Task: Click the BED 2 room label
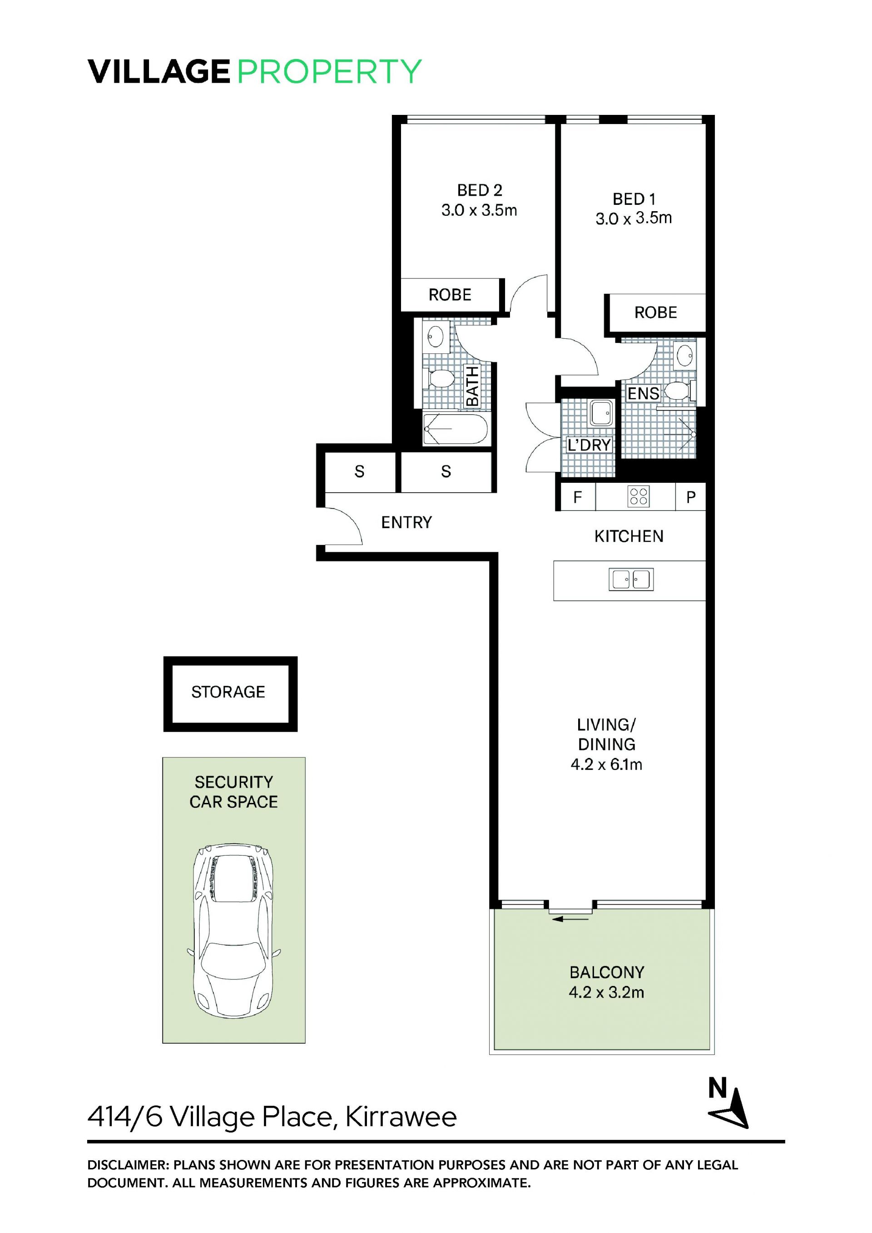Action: (x=480, y=190)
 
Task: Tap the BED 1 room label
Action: (x=634, y=199)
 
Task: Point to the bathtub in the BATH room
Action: (x=456, y=429)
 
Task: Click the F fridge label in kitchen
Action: (x=577, y=497)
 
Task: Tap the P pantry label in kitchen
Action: (x=691, y=498)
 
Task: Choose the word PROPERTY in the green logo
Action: (x=329, y=71)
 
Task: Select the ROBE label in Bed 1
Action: (x=656, y=312)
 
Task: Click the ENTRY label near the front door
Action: (x=406, y=523)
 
